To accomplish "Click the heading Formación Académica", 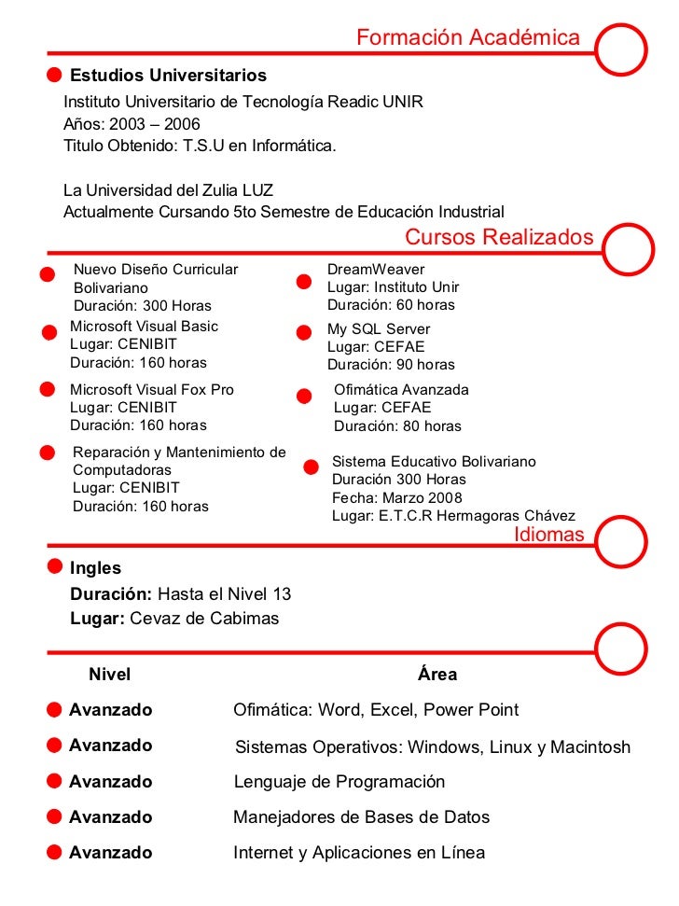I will click(x=467, y=38).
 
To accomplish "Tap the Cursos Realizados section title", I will click(x=499, y=237).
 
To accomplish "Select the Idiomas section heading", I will click(x=549, y=535).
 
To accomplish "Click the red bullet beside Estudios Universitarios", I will click(x=55, y=75).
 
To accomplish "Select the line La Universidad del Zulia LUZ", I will click(x=168, y=190).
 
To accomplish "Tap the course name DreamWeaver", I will click(x=363, y=269).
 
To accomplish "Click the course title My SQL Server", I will click(x=379, y=329).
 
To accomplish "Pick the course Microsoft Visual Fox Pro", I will click(x=152, y=389).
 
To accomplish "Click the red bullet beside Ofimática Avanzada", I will click(x=304, y=397).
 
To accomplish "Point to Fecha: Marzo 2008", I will click(x=397, y=498).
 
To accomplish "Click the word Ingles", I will click(x=95, y=568).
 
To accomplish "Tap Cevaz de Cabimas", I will click(x=204, y=619).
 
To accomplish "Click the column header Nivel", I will click(x=109, y=674).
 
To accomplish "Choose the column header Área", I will click(x=437, y=674).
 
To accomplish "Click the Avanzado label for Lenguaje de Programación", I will click(x=110, y=782).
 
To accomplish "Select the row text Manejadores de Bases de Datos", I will click(x=361, y=817).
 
